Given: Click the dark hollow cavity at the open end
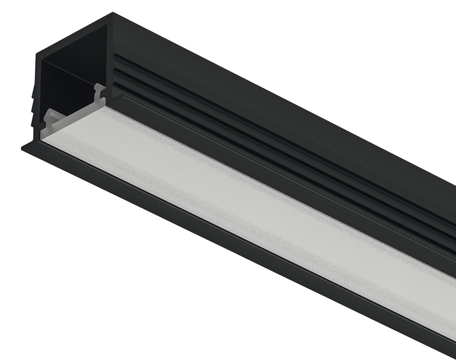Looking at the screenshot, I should [67, 84].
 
